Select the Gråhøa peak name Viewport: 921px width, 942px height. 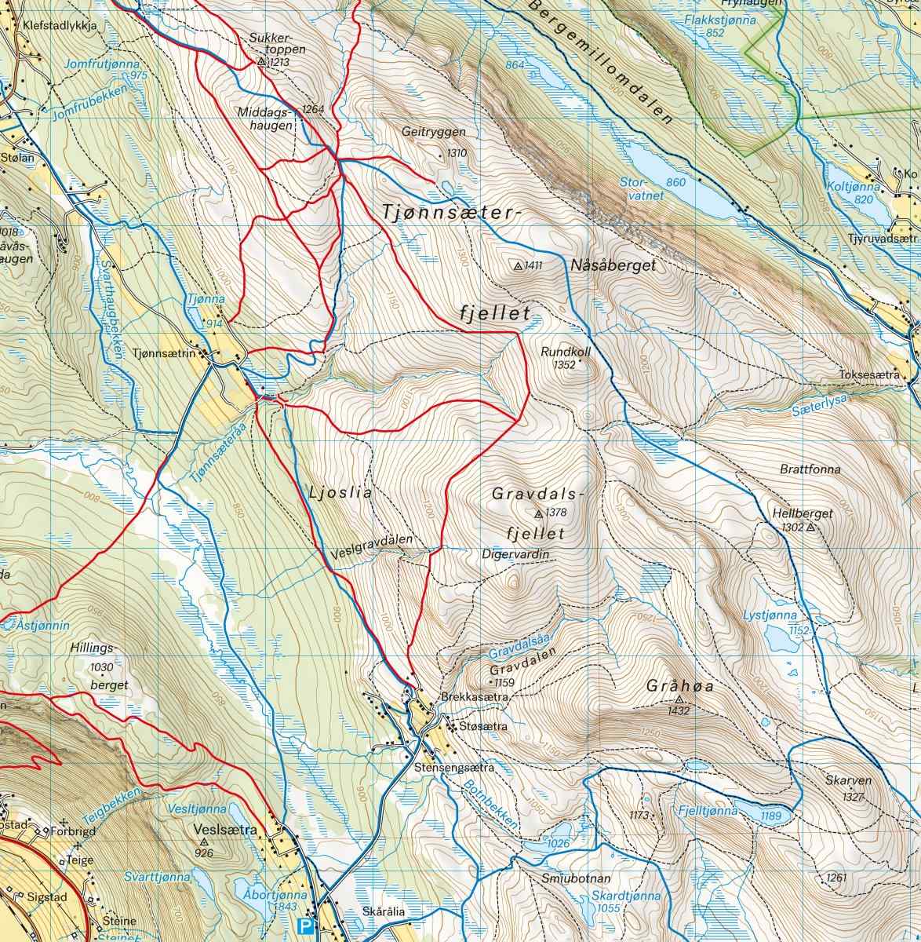(x=669, y=685)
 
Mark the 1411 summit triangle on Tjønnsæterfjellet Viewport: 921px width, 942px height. (x=518, y=266)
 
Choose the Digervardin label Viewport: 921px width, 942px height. (x=515, y=554)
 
